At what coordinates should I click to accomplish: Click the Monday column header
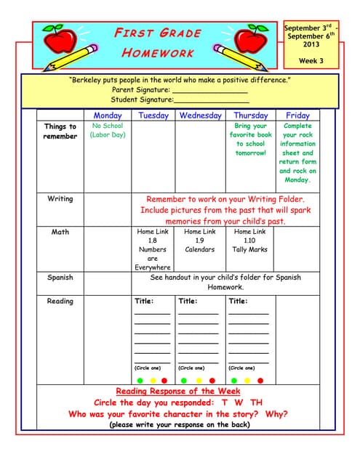(x=108, y=115)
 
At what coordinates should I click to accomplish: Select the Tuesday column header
(x=153, y=115)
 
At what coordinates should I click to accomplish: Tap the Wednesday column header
(x=200, y=115)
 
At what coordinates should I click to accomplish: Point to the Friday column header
(x=297, y=115)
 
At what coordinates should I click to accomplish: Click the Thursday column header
(x=251, y=115)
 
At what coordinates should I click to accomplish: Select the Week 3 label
(x=311, y=60)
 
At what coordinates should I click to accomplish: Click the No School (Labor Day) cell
(x=108, y=131)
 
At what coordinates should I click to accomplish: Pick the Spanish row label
(x=60, y=278)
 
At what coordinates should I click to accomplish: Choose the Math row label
(x=60, y=232)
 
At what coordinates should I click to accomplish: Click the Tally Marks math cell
(x=250, y=249)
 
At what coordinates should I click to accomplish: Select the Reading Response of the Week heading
(x=178, y=392)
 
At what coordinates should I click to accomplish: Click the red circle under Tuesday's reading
(x=165, y=380)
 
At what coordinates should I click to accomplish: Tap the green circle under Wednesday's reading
(x=183, y=380)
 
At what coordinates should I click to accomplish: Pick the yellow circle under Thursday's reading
(x=247, y=380)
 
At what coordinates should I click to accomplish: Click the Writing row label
(x=60, y=198)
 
